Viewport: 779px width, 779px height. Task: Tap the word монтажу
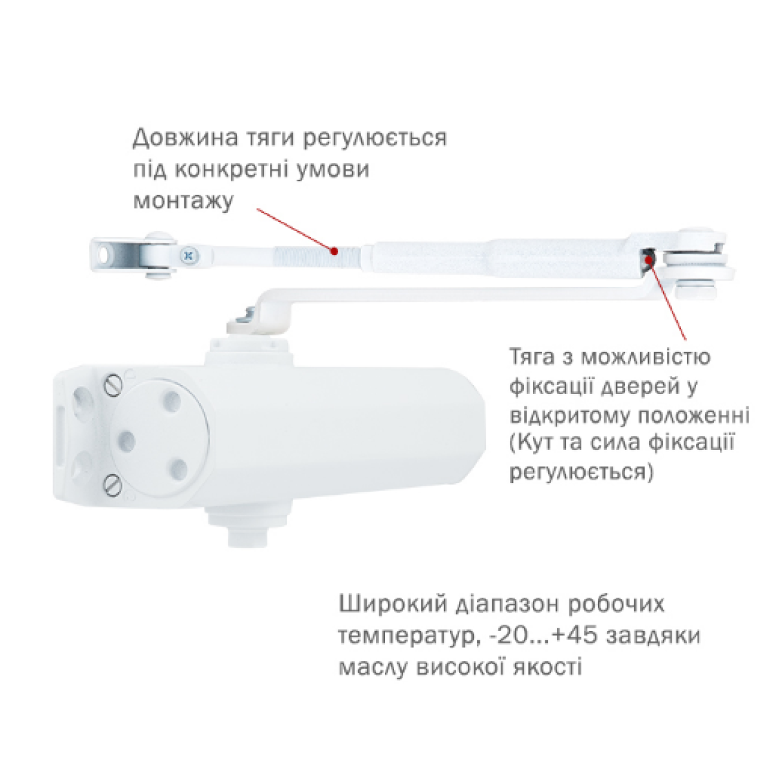[x=184, y=201]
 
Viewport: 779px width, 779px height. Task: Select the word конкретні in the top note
[x=232, y=169]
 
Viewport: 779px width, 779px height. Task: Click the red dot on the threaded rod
[x=334, y=251]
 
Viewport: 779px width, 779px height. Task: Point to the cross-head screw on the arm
[x=188, y=256]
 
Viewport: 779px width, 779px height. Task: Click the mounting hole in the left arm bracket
[x=104, y=254]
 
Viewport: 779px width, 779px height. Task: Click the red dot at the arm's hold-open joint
[x=648, y=260]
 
